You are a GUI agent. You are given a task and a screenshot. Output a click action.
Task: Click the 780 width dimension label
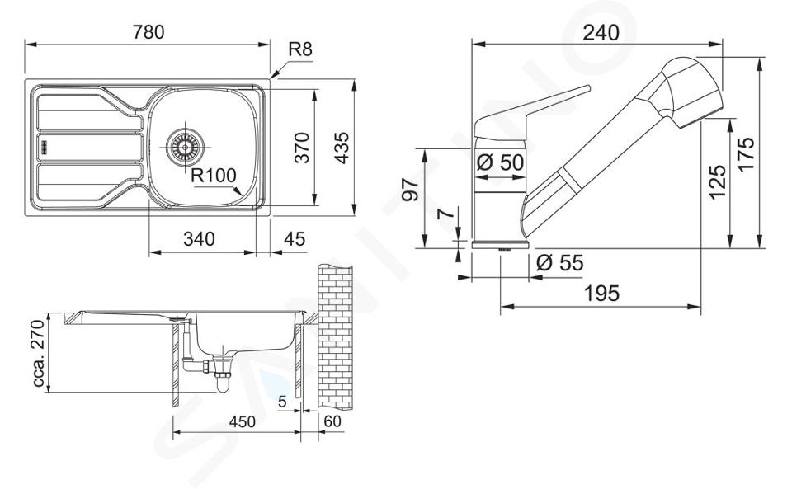click(148, 32)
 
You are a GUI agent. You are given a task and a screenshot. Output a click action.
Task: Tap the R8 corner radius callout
click(300, 49)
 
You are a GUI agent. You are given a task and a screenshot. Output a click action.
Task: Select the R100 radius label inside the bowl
click(214, 175)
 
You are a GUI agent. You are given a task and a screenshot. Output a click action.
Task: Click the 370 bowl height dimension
click(302, 148)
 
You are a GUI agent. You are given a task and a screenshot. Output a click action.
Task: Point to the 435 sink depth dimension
click(342, 148)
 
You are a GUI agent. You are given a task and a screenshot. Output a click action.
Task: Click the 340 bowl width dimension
click(199, 238)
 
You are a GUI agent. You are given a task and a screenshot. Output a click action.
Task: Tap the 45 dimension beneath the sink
click(295, 238)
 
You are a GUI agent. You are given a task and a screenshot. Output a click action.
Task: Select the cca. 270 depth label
click(40, 351)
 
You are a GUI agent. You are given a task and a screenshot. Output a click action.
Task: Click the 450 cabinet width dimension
click(243, 421)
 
